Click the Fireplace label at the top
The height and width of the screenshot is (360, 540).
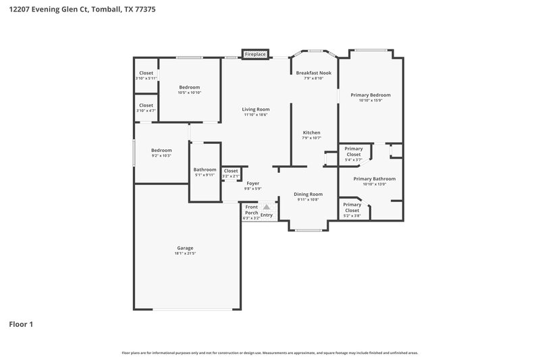point(255,53)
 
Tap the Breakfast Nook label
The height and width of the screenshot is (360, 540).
point(314,73)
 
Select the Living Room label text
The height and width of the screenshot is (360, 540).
point(256,109)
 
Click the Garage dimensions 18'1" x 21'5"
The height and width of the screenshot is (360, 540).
point(185,253)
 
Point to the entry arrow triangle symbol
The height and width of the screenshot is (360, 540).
point(267,208)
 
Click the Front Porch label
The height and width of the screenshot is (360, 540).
point(251,209)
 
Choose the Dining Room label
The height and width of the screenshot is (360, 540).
point(308,194)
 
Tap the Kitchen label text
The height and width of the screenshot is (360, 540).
point(311,132)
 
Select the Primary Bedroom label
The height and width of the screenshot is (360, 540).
point(371,95)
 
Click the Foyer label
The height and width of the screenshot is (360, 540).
point(252,183)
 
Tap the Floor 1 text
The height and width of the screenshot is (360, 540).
point(21,324)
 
